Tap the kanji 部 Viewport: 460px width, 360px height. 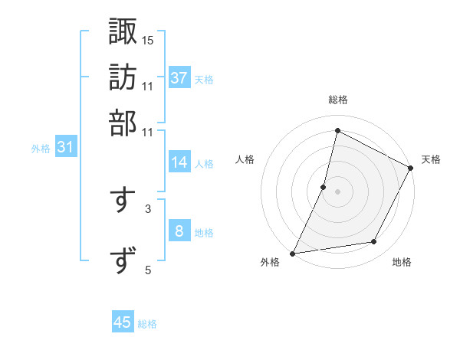[x=123, y=122]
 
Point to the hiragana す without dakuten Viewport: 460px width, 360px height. [x=123, y=199]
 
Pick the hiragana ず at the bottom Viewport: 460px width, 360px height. [x=123, y=260]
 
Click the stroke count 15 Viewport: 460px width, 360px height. [x=148, y=39]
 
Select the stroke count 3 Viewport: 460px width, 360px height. [x=147, y=208]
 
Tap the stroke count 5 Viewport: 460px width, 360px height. [x=147, y=269]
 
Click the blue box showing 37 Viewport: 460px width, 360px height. [x=179, y=78]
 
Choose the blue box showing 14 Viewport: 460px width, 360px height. [x=179, y=162]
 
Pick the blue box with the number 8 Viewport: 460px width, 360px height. [x=179, y=231]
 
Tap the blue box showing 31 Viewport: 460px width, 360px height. [x=65, y=148]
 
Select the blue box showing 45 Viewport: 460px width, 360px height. [x=123, y=322]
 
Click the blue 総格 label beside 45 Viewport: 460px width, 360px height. [x=147, y=324]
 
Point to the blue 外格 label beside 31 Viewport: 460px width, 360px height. [x=41, y=149]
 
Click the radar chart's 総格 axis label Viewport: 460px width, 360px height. [x=337, y=100]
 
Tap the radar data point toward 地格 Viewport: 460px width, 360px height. [x=374, y=242]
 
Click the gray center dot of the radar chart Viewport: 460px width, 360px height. [x=337, y=191]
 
